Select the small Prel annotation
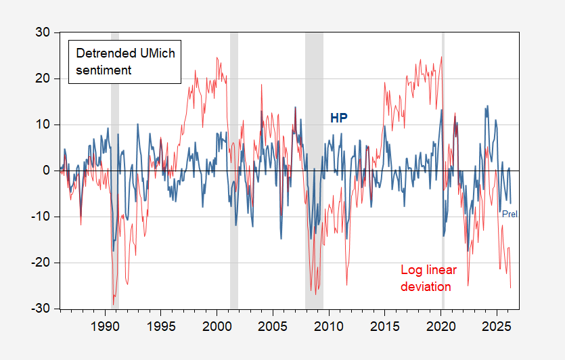click(x=519, y=214)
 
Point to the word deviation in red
click(x=426, y=286)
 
